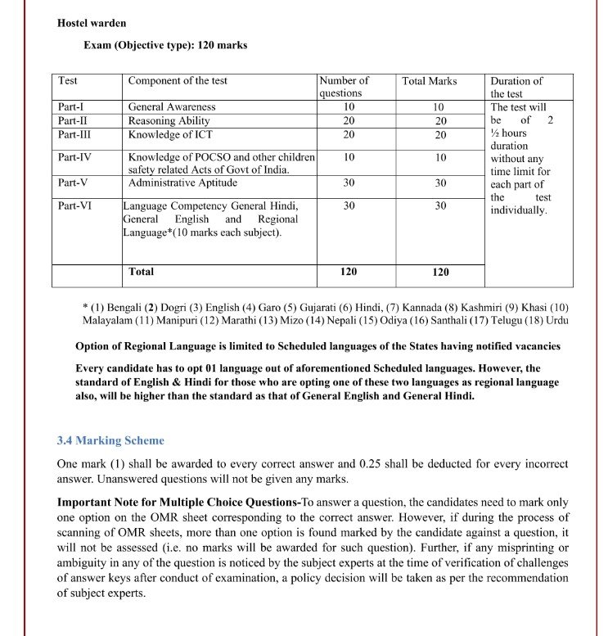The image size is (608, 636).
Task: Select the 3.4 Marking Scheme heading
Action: (x=110, y=440)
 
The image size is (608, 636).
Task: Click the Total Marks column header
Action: (x=430, y=81)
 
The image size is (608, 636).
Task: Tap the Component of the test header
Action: (x=178, y=81)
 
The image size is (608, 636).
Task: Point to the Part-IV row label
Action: (x=74, y=156)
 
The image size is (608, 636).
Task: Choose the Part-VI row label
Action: (x=74, y=205)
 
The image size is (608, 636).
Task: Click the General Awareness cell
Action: (x=172, y=107)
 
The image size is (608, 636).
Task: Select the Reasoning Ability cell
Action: (x=170, y=120)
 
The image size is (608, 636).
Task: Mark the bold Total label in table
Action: (x=141, y=271)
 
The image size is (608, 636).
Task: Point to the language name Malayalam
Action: (x=108, y=320)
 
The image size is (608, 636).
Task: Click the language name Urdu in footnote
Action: (x=556, y=320)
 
